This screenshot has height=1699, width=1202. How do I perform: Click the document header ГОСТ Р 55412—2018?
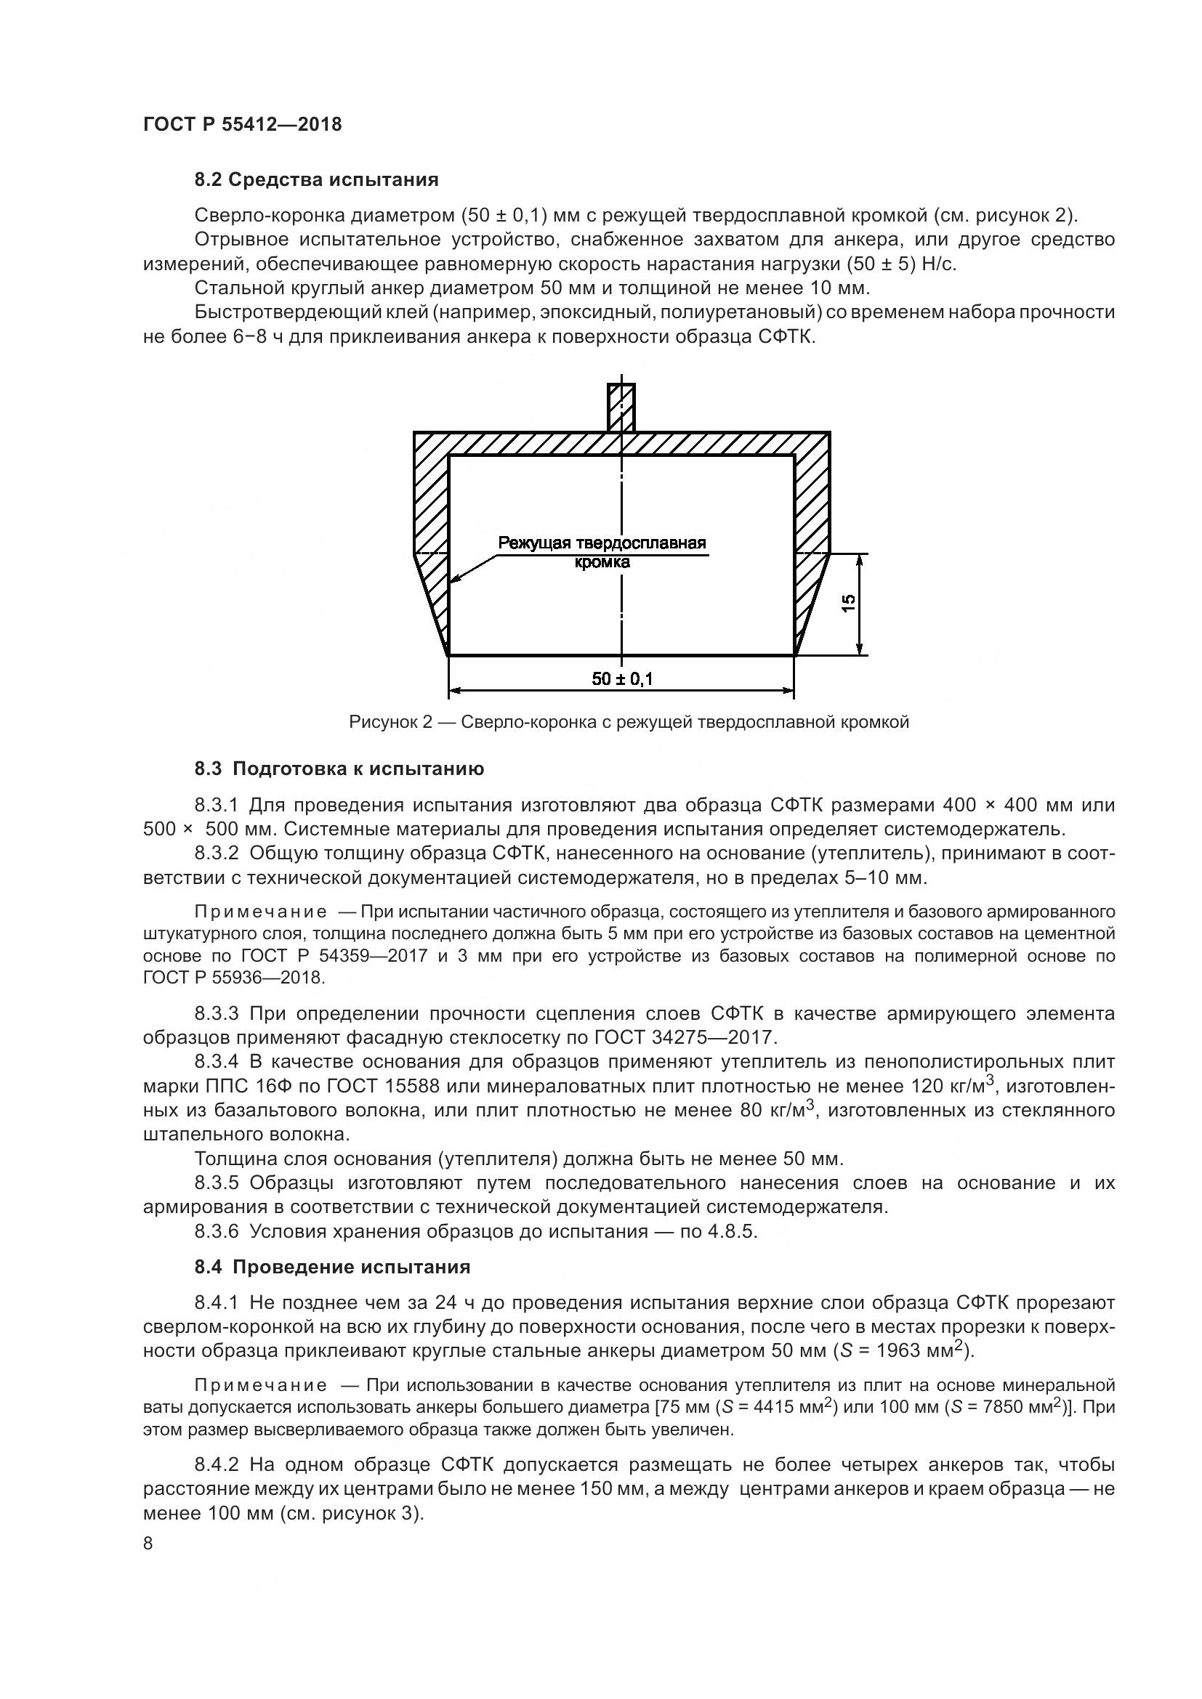coord(242,124)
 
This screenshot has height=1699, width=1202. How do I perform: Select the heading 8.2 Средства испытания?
coord(316,180)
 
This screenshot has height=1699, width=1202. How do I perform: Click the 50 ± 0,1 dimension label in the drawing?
coord(622,678)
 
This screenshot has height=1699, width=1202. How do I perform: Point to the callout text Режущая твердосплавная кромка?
coord(602,552)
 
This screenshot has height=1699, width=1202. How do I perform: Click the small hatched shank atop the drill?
coord(621,407)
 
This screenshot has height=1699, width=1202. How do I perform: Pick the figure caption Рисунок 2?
coord(629,722)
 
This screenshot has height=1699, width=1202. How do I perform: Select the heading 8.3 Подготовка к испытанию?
coord(339,769)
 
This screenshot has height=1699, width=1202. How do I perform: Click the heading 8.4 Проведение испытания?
coord(332,1267)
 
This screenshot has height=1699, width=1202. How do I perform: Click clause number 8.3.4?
coord(217,1062)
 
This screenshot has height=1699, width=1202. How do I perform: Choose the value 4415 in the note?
coord(793,1408)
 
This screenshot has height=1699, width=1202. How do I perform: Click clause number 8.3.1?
coord(217,804)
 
